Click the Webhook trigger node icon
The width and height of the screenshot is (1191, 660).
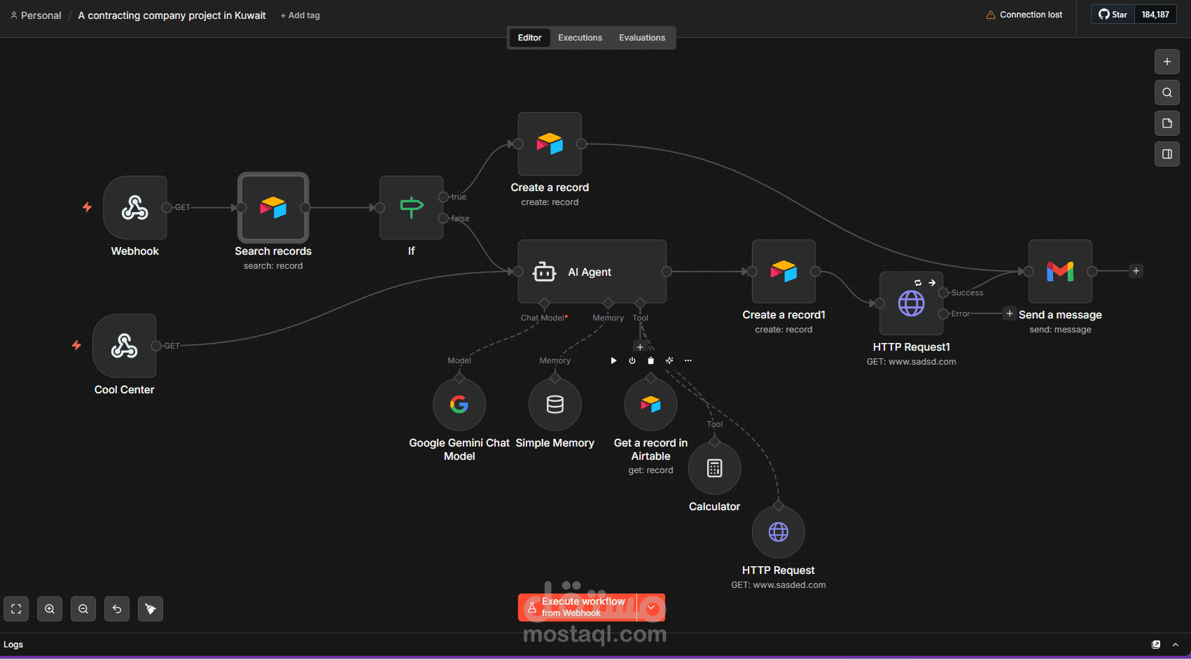coord(134,207)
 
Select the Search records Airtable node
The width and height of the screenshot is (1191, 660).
coord(273,207)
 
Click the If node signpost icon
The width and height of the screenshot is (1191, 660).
coord(411,207)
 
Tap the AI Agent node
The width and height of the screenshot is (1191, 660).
coord(592,272)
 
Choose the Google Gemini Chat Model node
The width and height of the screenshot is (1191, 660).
coord(459,405)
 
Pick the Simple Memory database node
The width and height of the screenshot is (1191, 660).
coord(555,405)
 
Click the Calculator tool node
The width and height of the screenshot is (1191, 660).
coord(714,468)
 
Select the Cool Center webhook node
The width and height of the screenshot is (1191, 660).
coord(124,346)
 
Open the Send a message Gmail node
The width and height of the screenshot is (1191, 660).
coord(1059,272)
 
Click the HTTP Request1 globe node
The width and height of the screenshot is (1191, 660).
coord(911,304)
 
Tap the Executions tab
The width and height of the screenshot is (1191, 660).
coord(580,38)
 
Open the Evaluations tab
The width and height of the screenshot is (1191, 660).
coord(642,38)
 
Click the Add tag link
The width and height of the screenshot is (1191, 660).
coord(300,15)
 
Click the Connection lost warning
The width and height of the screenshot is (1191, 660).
coord(1024,15)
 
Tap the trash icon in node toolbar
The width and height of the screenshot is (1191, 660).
coord(650,360)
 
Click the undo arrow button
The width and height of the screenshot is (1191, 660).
coord(116,608)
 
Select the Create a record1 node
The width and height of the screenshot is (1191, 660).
coord(783,272)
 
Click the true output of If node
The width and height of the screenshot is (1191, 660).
coord(443,197)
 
